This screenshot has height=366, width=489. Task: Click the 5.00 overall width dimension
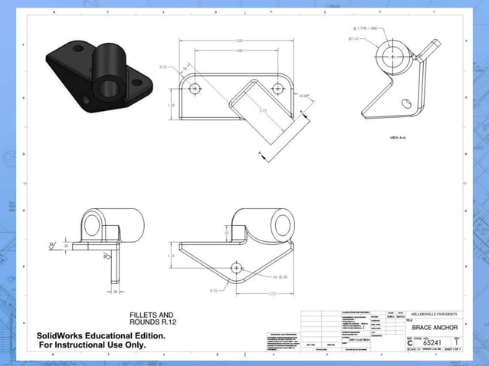coord(239,41)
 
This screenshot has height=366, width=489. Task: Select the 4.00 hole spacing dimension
coord(239,51)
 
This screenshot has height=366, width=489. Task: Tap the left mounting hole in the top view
coord(195,88)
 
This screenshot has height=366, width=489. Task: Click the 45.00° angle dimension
coord(304,96)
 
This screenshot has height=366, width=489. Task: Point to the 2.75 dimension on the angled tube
coord(263,111)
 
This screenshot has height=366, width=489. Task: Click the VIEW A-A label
coord(399,137)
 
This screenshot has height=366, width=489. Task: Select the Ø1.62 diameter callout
coord(355,38)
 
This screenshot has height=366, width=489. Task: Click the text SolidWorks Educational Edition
coord(101,335)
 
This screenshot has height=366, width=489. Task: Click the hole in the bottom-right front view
coord(236,267)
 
